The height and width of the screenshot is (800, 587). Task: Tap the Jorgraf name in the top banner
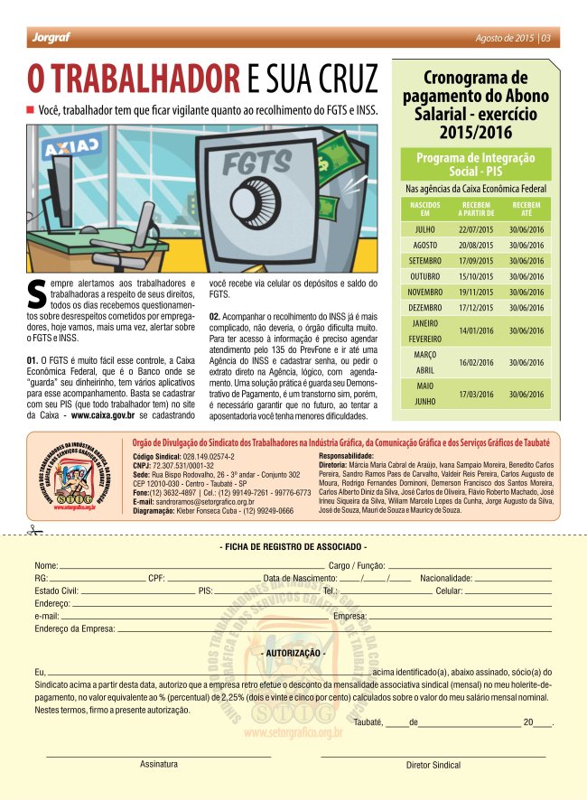(46, 38)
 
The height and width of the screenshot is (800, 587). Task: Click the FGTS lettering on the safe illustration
(257, 163)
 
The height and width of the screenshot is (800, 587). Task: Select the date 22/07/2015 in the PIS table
(475, 230)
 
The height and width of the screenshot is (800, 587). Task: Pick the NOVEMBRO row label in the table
(424, 292)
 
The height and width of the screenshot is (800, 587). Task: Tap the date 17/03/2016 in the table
(475, 395)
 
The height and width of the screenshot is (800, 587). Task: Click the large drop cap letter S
(37, 293)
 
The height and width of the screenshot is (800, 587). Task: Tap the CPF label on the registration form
(156, 578)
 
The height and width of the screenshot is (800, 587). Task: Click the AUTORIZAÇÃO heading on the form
(293, 652)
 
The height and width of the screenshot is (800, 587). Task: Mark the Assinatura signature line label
(158, 764)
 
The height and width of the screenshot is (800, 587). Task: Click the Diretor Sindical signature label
(433, 765)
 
